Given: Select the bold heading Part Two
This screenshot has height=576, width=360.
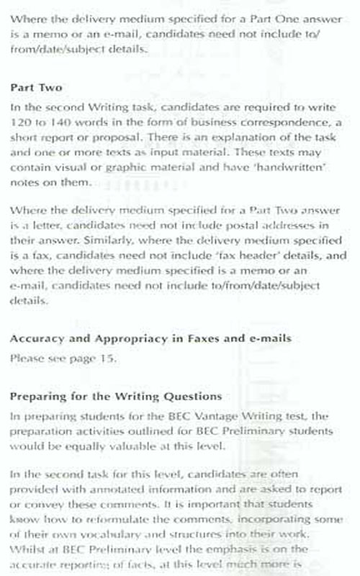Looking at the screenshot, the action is pyautogui.click(x=30, y=87).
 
